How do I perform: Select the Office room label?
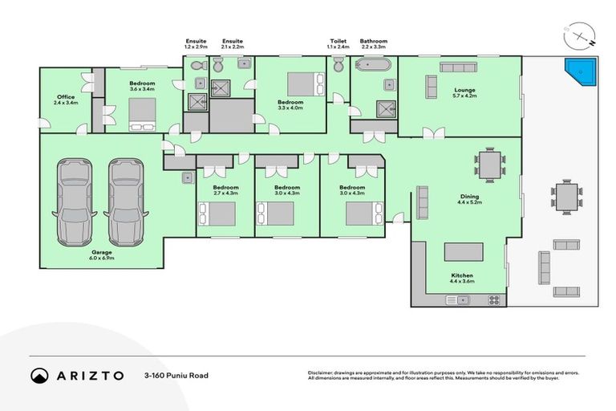coord(65,100)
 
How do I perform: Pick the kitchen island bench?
coord(464,252)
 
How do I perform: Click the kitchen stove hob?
coord(494,300)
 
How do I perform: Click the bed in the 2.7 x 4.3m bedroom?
coord(217,214)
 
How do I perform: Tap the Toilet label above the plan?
coord(338,41)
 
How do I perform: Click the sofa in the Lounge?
coord(430,86)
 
